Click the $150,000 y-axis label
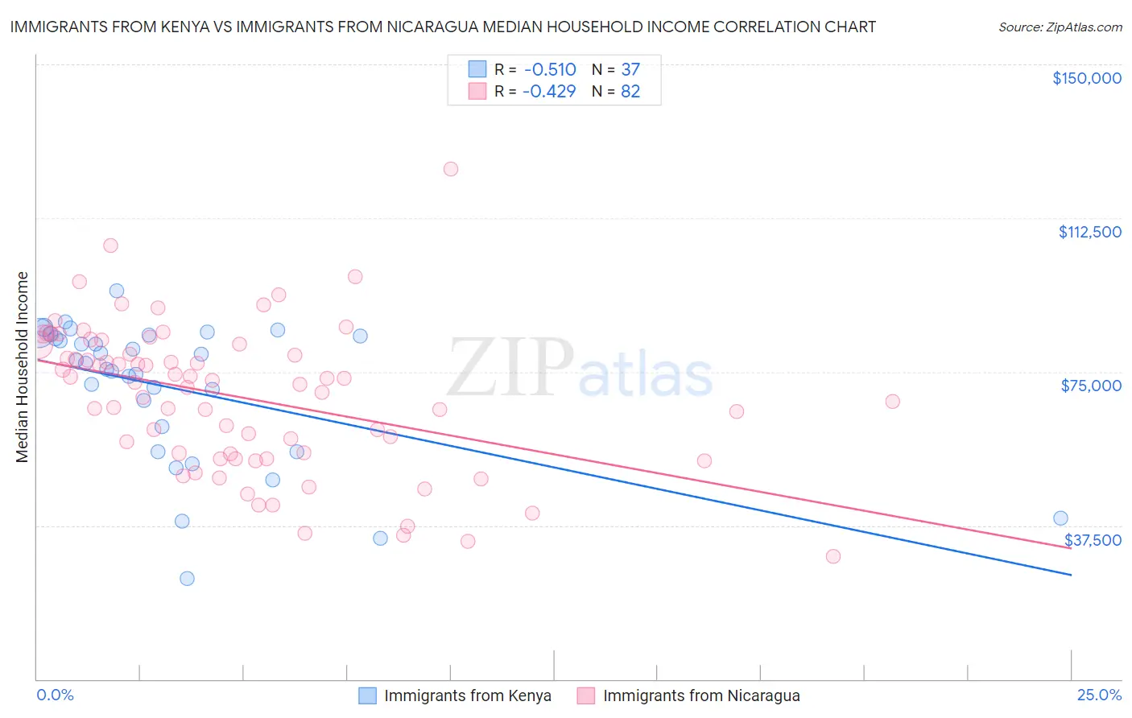click(1086, 78)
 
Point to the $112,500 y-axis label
click(1089, 232)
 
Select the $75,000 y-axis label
click(1091, 386)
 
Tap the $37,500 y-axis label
click(1093, 540)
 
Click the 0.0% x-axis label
click(55, 695)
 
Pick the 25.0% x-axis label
click(1099, 695)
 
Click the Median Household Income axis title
click(23, 367)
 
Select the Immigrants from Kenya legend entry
click(467, 695)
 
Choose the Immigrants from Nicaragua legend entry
click(700, 695)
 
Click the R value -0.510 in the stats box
click(549, 70)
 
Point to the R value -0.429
click(549, 92)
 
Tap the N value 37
click(630, 70)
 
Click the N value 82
click(630, 92)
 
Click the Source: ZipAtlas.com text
click(1060, 27)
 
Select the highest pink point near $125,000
click(451, 169)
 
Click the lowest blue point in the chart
click(187, 578)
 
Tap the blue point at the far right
click(1060, 518)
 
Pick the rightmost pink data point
click(892, 402)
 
